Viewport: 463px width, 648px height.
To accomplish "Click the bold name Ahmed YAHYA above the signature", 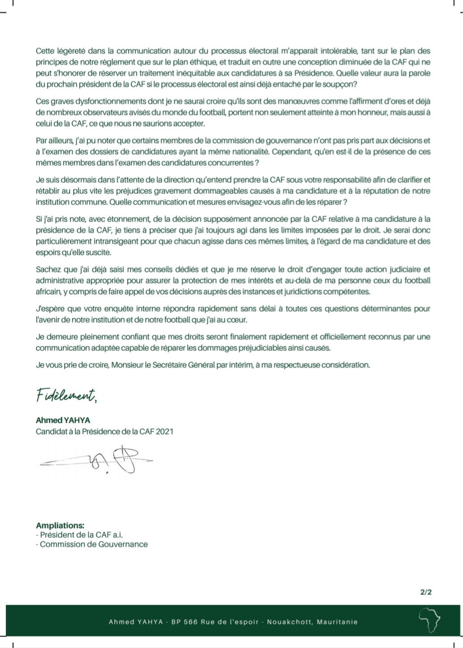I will coord(63,420).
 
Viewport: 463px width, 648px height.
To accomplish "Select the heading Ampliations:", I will coord(60,526).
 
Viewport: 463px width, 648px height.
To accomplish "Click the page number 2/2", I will coord(426,592).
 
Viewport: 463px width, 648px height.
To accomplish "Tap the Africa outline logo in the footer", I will coord(430,621).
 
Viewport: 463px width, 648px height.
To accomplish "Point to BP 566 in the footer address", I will coord(184,622).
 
